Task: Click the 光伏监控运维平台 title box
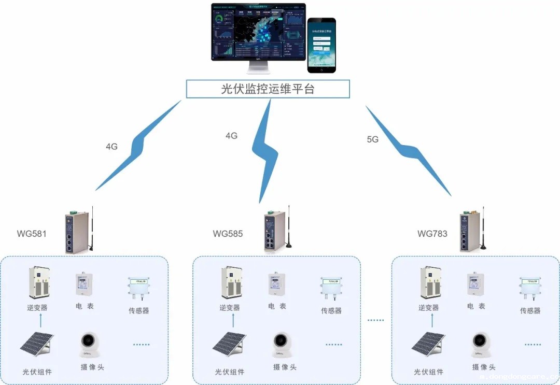tap(268, 89)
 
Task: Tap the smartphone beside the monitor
tap(321, 46)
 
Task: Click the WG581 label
tap(32, 234)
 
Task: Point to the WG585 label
tap(228, 234)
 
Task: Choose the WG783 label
tap(432, 234)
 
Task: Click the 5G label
tap(372, 139)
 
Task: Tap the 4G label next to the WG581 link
tap(111, 147)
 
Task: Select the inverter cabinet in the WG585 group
tap(232, 283)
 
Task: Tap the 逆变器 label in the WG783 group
tap(428, 308)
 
